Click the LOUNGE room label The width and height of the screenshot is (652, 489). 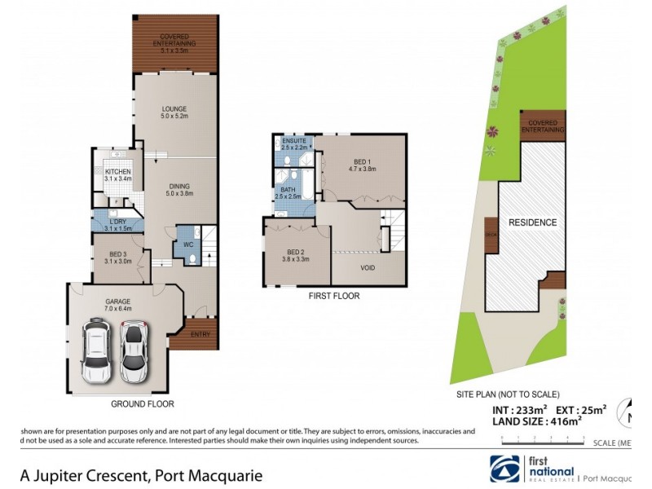coord(174,108)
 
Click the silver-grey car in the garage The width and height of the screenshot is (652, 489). coord(133,351)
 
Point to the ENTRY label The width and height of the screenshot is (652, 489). coord(200,333)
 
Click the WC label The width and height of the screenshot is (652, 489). coord(188,244)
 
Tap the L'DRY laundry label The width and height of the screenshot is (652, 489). coord(118,221)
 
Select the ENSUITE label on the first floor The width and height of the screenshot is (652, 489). coord(293,141)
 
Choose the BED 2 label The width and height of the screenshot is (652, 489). coord(297,251)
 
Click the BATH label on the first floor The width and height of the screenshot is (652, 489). coord(289,190)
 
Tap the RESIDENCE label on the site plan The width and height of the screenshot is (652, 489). coord(532,222)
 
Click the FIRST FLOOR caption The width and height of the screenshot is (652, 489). coord(334,296)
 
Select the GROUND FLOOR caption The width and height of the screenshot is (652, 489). coord(142,403)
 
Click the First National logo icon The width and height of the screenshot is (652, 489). coord(502,468)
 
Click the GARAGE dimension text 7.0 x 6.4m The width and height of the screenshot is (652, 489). coord(117,309)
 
